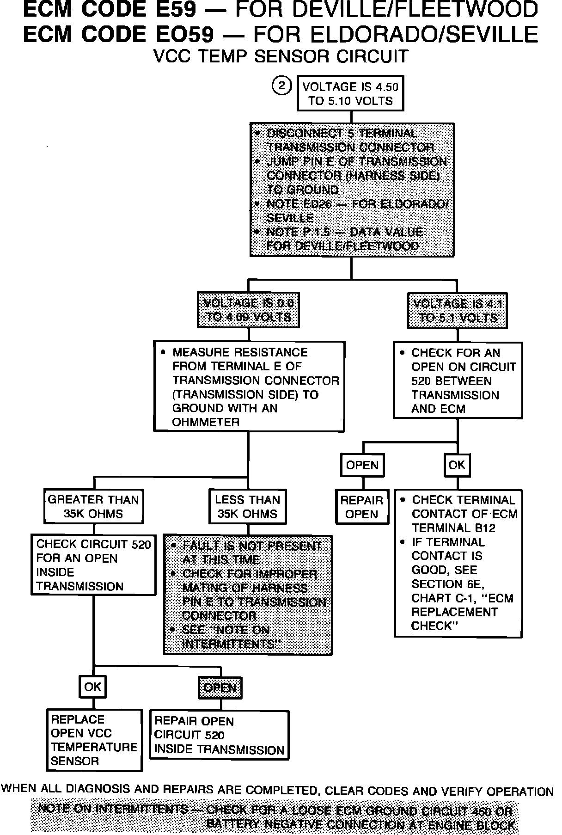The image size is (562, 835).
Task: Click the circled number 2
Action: coord(282,86)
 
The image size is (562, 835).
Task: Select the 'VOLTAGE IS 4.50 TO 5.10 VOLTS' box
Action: coord(350,94)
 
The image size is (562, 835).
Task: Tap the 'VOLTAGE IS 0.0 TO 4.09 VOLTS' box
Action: coord(249,310)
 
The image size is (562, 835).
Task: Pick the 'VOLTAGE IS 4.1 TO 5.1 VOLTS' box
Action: coord(457,310)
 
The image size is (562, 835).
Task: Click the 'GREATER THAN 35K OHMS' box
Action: coord(93,506)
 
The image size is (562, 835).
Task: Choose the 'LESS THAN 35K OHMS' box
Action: coord(247,506)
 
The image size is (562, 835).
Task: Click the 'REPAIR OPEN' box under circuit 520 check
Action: coord(361,507)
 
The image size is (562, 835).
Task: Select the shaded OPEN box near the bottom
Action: coord(220,688)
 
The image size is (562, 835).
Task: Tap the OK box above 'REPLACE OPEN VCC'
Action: coord(93,687)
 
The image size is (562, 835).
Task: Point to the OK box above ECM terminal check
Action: coord(457,465)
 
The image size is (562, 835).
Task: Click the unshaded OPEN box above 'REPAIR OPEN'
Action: coord(362,465)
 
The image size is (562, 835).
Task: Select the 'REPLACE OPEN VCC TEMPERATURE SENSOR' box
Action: coord(94,740)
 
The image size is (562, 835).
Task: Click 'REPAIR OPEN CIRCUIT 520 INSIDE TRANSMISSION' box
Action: coord(219,736)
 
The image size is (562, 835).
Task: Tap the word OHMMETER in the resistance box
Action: coord(206,422)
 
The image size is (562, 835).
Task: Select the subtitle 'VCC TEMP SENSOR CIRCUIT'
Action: coord(281,56)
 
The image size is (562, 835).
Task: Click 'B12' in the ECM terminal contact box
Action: coord(482,528)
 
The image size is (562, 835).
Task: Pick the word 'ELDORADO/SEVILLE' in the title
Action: coord(396,34)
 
